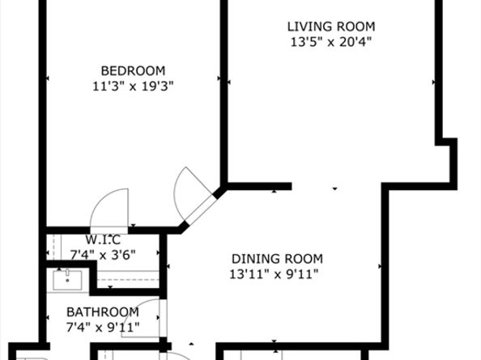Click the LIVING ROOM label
click(331, 27)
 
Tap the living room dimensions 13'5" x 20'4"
click(331, 42)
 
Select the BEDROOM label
click(133, 71)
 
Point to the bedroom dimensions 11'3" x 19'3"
click(133, 86)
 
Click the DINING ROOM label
click(277, 259)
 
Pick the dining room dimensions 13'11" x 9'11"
click(274, 274)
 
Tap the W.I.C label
click(103, 240)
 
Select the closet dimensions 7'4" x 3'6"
click(103, 255)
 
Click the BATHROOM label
click(103, 312)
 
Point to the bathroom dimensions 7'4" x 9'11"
click(103, 328)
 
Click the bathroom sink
click(67, 280)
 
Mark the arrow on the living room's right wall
click(434, 82)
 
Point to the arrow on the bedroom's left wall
click(47, 78)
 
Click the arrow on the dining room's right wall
click(380, 266)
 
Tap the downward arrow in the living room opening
click(335, 188)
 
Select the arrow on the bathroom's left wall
click(47, 318)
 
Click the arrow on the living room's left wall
click(229, 82)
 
